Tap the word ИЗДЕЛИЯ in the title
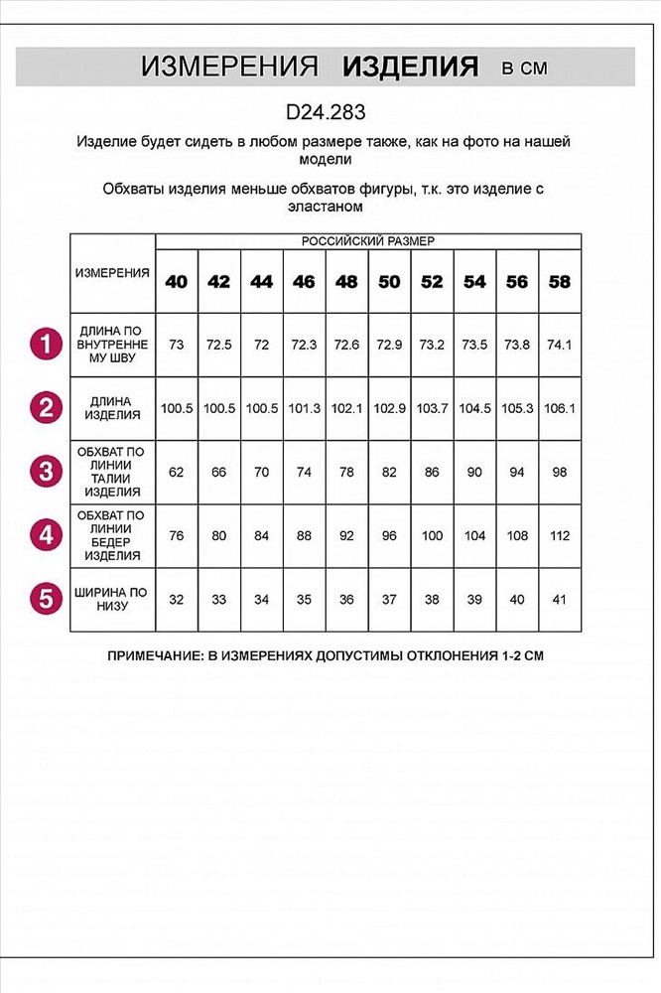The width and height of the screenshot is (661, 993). tap(410, 68)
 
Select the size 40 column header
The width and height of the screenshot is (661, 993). tap(177, 282)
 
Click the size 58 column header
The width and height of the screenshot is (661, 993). tap(560, 282)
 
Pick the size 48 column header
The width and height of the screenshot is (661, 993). tap(346, 282)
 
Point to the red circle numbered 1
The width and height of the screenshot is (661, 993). tap(44, 345)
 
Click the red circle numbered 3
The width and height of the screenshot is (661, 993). tap(44, 471)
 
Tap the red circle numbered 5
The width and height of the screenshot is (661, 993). tap(44, 599)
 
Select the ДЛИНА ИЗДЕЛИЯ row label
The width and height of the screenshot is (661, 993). tap(112, 408)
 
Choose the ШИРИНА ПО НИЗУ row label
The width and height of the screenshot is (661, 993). tap(112, 599)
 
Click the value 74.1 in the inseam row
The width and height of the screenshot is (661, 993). tap(560, 345)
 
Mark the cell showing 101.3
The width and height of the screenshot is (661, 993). tap(304, 408)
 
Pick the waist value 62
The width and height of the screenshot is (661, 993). tap(177, 472)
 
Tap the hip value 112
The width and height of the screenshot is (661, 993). tap(560, 535)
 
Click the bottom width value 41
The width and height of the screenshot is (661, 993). tap(560, 600)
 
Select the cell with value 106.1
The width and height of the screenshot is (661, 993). tap(560, 408)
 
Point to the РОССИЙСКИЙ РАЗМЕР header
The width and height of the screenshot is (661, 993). tap(367, 241)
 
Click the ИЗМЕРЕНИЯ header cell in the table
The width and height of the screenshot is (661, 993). tap(112, 272)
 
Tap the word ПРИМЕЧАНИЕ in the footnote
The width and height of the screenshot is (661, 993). tap(157, 656)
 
